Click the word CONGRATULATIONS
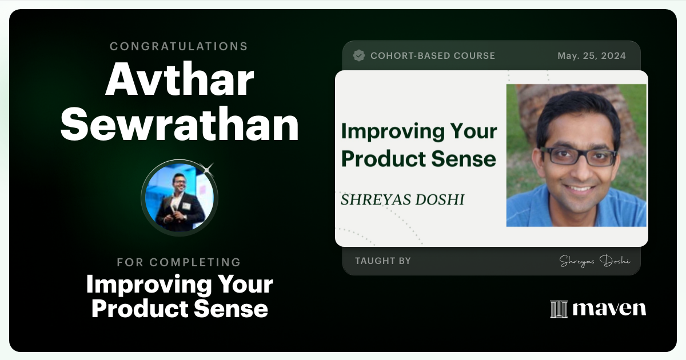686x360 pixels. coord(179,46)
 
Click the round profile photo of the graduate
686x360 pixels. coord(179,198)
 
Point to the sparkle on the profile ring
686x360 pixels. coord(208,168)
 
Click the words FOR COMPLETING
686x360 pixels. coord(179,262)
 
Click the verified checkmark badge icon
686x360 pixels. coord(359,55)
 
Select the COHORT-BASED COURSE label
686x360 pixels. coord(433,55)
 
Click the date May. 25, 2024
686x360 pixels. coord(592,55)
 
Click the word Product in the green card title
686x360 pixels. coord(378,159)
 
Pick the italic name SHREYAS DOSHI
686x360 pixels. coord(402,199)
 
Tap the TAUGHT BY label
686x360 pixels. coord(382,261)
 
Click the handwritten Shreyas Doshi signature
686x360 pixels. coord(595,261)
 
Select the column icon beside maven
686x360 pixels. coord(559,309)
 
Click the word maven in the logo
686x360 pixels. coord(609,309)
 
